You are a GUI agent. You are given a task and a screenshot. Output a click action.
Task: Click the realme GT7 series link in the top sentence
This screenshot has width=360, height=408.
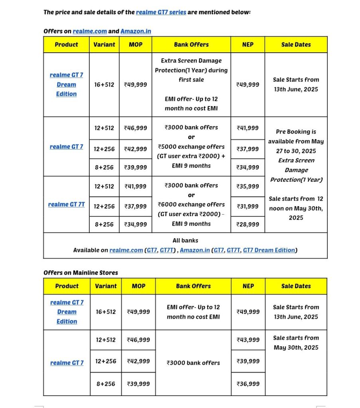(161, 12)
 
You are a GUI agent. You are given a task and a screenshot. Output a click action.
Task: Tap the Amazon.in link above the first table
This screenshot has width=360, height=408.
(136, 31)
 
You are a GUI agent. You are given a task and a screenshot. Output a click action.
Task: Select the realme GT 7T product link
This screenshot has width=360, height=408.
(66, 204)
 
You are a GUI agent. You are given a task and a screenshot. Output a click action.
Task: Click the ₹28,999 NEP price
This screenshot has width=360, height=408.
(248, 224)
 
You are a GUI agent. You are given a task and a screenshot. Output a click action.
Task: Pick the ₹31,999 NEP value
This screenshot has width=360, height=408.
(248, 206)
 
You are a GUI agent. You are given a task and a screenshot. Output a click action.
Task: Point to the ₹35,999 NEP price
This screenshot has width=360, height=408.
(248, 186)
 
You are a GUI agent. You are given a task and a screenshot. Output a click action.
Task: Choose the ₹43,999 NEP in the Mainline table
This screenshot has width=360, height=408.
(248, 340)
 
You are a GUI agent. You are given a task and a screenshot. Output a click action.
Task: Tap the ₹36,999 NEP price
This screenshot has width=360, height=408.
(248, 384)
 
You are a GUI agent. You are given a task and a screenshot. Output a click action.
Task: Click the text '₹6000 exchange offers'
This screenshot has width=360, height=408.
(191, 204)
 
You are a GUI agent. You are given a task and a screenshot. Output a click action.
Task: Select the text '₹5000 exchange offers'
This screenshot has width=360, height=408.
(191, 146)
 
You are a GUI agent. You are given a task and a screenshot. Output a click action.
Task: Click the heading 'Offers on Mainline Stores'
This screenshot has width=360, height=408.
(81, 273)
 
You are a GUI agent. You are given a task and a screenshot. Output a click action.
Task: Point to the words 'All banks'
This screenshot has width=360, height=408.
(185, 240)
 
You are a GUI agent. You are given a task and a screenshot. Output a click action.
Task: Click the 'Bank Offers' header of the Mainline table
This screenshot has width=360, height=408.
(193, 286)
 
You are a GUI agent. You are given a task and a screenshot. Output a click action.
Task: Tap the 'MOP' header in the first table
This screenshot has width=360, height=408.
(136, 44)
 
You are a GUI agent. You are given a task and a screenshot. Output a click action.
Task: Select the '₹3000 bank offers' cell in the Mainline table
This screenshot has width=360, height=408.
(193, 363)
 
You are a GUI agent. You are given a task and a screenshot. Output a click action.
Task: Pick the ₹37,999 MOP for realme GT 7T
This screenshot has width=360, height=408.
(136, 206)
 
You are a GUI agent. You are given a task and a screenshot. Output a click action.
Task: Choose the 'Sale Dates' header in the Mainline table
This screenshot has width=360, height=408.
(296, 286)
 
